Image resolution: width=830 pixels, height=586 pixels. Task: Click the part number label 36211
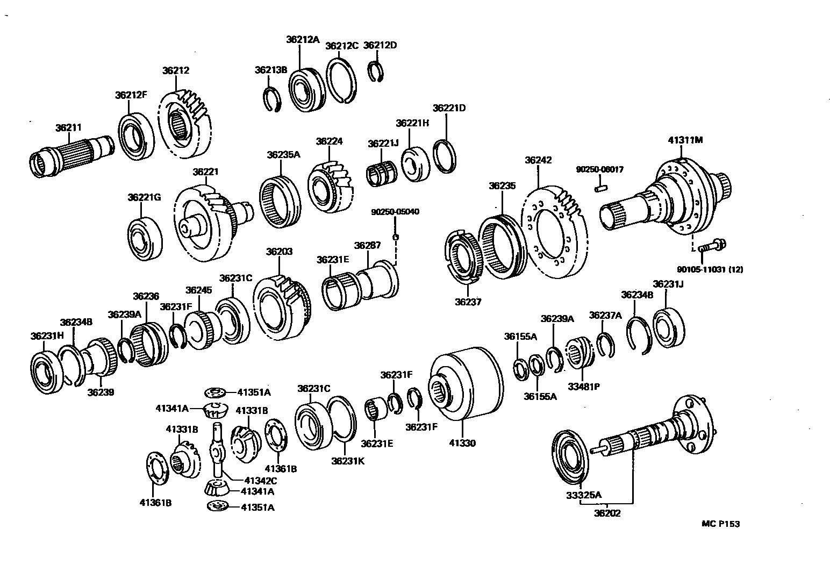[68, 127]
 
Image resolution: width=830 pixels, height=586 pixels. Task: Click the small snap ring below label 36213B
[273, 100]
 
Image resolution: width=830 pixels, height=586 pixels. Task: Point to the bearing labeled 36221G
[145, 239]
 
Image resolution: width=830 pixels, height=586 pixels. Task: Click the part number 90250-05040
[395, 212]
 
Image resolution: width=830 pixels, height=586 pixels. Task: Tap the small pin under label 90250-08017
[600, 188]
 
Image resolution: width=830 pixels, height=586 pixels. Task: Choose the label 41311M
[685, 140]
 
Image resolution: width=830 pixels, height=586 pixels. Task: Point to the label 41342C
[260, 481]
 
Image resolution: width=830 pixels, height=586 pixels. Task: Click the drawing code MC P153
[720, 524]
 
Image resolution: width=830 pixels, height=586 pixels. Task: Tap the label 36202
[607, 513]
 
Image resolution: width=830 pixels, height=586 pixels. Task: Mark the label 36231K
[348, 460]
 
